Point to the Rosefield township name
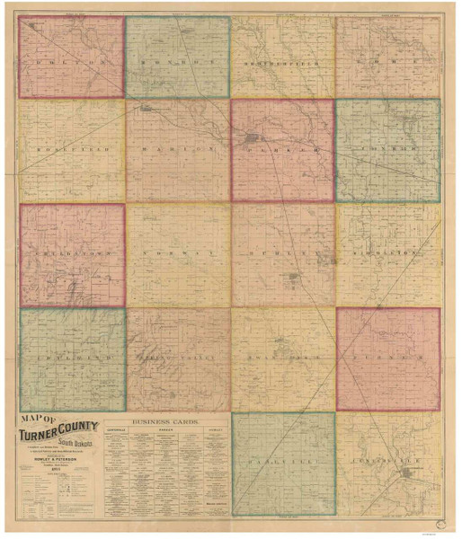click(71, 145)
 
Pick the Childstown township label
click(71, 254)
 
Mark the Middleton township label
click(388, 254)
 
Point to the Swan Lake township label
click(282, 357)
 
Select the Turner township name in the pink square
click(388, 357)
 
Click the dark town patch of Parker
click(257, 138)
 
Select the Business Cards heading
click(167, 420)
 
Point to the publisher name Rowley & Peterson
click(59, 466)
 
